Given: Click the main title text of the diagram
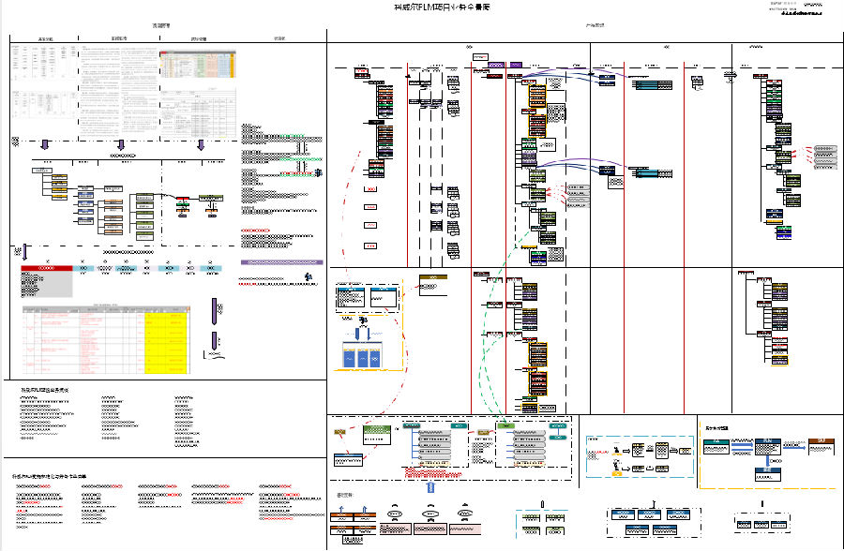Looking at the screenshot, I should pos(441,7).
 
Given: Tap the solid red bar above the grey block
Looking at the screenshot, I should pos(46,268).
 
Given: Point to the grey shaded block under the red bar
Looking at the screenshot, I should pos(46,284).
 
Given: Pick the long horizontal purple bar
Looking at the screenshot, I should pos(281,262).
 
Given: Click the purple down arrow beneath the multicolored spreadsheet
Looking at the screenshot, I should pos(200,144).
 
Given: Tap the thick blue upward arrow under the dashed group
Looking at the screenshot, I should pos(430,487).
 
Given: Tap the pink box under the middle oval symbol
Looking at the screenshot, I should pos(430,529).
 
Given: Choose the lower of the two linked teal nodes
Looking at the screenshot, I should pos(643,174).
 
